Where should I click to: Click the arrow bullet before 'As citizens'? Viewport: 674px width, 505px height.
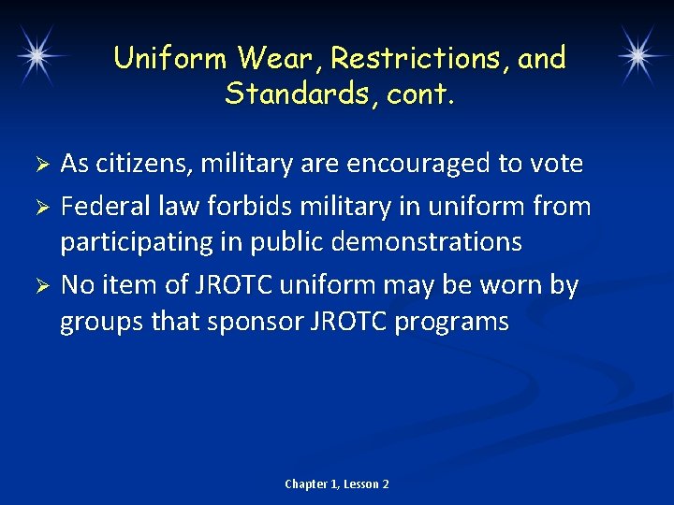coord(41,165)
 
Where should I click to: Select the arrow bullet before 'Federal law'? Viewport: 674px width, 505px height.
coord(41,205)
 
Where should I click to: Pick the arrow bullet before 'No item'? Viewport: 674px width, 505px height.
coord(41,285)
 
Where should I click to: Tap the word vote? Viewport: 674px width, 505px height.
coord(553,165)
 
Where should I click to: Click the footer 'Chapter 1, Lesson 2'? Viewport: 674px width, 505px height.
coord(337,483)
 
